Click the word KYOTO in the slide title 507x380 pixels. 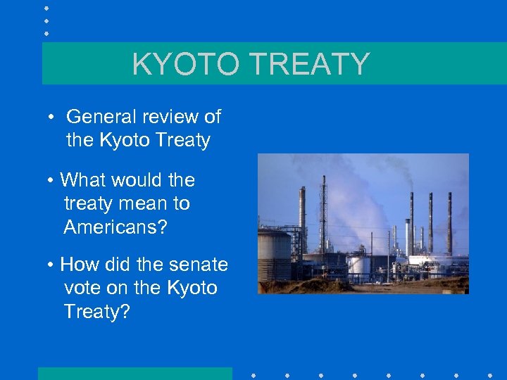pos(184,64)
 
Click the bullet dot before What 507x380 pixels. pos(52,181)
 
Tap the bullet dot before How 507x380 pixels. pos(52,265)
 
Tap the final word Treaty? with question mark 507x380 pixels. pos(97,311)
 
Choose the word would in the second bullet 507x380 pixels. pos(138,180)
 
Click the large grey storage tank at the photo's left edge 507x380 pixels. pos(273,256)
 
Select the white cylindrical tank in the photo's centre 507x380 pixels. pos(359,265)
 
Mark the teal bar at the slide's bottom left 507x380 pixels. pos(134,373)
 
